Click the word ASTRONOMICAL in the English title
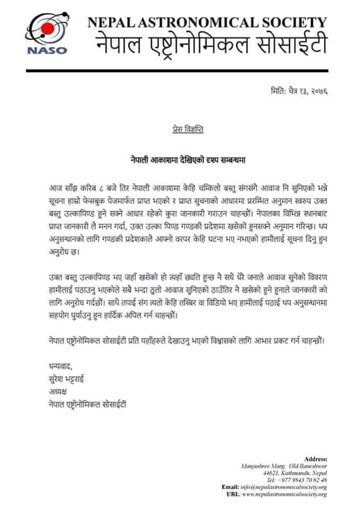[x=195, y=23]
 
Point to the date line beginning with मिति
[x=299, y=92]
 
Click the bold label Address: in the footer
[x=315, y=458]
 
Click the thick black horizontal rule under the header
[x=180, y=69]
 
